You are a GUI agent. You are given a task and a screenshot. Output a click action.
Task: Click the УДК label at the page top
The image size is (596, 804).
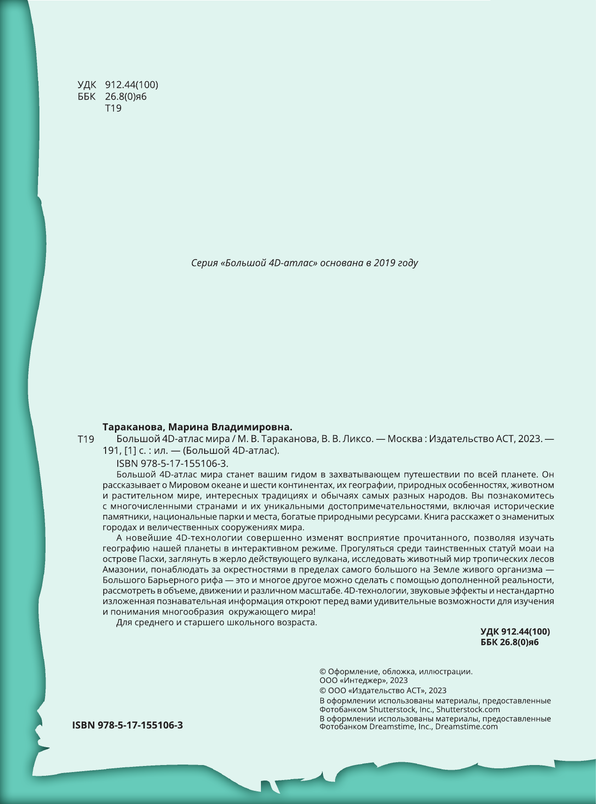click(87, 85)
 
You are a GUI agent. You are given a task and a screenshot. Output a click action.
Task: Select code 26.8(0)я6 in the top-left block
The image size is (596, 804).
click(126, 97)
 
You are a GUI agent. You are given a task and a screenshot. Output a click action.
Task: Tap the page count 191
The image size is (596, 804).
click(111, 451)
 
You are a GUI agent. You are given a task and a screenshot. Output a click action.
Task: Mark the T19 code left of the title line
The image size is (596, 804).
click(86, 439)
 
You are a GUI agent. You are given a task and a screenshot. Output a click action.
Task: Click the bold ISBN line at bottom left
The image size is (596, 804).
click(128, 725)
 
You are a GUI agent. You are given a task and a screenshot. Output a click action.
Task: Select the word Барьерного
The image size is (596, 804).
click(162, 580)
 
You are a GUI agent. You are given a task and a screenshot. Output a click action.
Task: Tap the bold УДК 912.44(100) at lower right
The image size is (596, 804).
click(515, 631)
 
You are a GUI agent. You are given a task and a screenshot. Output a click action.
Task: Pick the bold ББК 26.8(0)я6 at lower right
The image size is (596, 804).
click(510, 642)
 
